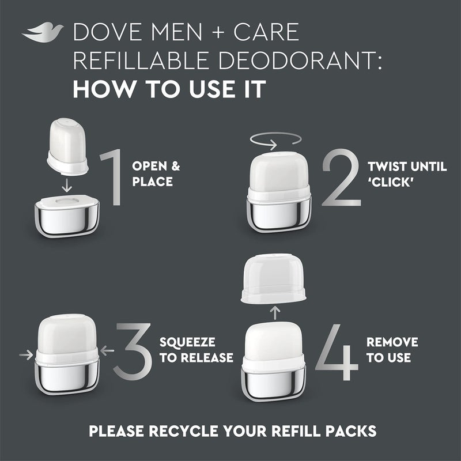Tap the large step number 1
click(x=110, y=179)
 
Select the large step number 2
click(x=342, y=179)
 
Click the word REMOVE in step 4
click(x=392, y=342)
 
